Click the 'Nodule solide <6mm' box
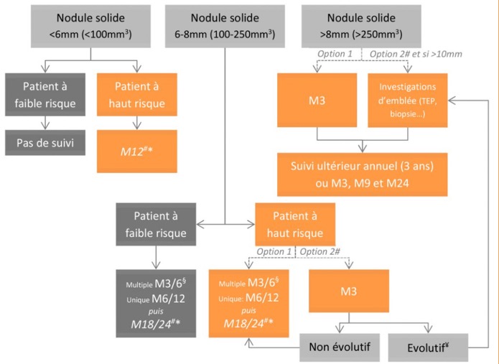(x=90, y=25)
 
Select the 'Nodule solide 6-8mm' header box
(x=225, y=25)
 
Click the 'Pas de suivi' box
(x=45, y=142)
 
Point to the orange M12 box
(x=136, y=150)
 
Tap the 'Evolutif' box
(x=427, y=347)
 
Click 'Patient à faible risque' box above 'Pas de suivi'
(x=45, y=95)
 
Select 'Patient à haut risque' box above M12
(x=136, y=95)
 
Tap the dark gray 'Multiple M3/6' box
(x=157, y=303)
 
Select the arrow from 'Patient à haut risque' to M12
(x=136, y=122)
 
